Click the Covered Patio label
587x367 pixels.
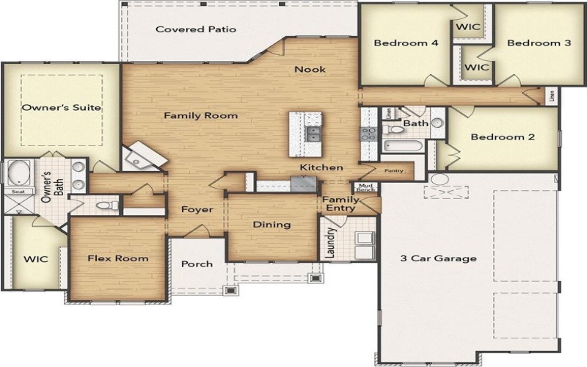coord(195,30)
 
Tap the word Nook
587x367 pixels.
coord(310,70)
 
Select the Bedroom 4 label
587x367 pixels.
coord(406,43)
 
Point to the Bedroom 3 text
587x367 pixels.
coord(539,43)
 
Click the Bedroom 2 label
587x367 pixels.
coord(503,137)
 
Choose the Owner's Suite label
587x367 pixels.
coord(61,108)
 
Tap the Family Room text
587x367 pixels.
coord(200,116)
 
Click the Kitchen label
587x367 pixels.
coord(321,168)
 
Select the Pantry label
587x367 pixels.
coord(394,171)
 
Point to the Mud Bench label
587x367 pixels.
coord(365,188)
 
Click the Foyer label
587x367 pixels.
coord(197,210)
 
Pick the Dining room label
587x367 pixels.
coord(272,225)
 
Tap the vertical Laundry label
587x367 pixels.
coord(326,243)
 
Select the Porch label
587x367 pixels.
coord(197,264)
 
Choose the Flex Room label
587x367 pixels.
coord(117,258)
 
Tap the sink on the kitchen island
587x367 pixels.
coord(313,134)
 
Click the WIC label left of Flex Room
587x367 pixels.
coord(35,260)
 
